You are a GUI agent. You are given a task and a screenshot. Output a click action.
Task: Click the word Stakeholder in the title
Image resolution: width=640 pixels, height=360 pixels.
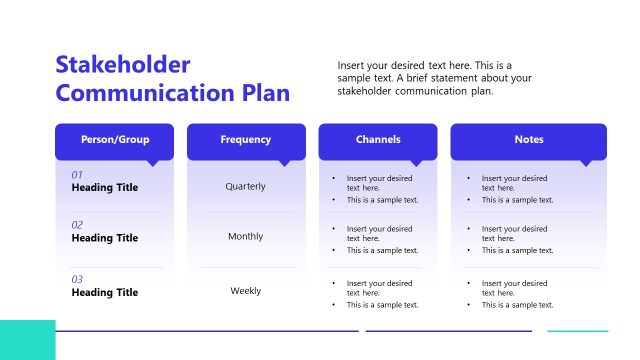pos(123,65)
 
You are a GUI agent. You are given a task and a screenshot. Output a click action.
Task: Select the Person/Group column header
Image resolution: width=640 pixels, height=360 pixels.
pos(114,140)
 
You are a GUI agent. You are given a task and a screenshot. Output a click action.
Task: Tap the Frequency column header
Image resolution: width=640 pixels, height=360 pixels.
pos(246,140)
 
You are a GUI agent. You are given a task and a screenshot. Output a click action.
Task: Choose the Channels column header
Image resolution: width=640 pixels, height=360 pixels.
pos(378,140)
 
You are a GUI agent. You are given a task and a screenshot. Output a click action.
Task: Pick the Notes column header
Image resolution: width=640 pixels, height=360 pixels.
pos(529,140)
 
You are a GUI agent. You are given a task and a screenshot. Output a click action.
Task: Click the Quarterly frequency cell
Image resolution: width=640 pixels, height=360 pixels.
pos(246,186)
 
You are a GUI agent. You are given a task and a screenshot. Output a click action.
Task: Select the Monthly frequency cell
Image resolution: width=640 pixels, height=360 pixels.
pos(246,237)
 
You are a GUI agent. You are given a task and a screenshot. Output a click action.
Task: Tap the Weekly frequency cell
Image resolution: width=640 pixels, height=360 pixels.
pos(246,291)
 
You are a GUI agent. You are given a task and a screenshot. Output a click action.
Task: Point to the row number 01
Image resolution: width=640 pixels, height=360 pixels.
pos(77,175)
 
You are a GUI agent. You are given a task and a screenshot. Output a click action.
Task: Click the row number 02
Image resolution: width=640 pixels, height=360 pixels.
pos(77,225)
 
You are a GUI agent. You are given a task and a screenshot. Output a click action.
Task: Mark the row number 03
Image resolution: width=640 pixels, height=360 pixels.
pos(77,279)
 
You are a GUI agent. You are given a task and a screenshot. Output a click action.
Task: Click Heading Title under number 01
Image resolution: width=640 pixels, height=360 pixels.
pos(105,188)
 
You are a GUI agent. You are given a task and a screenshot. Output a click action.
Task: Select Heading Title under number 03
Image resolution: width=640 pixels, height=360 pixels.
pos(105,293)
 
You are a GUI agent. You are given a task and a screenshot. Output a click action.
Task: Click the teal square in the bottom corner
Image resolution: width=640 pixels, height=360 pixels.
pos(27,340)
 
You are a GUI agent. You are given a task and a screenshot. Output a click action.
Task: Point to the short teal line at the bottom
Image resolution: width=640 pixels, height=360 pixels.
pos(577,331)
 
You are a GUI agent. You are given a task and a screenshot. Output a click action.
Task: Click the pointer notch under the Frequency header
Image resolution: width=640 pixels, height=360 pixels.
pos(285,162)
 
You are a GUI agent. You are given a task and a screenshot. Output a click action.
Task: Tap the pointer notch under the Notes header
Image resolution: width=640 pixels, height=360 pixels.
pos(586,162)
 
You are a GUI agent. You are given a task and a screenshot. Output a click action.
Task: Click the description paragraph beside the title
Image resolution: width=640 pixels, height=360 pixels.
pos(436,78)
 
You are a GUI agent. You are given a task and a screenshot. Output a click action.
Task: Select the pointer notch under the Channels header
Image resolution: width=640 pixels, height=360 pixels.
pos(417,162)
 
